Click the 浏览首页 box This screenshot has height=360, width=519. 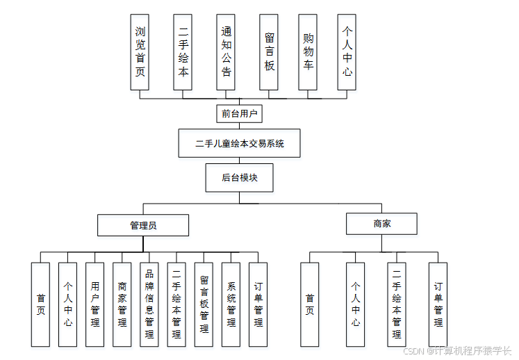pyautogui.click(x=140, y=52)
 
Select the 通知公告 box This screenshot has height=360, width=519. pyautogui.click(x=226, y=52)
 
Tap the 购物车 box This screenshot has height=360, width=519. pyautogui.click(x=308, y=52)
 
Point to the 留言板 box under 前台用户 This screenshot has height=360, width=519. pyautogui.click(x=269, y=52)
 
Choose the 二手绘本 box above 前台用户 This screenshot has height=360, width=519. pyautogui.click(x=183, y=52)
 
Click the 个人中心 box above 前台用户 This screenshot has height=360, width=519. pyautogui.click(x=347, y=52)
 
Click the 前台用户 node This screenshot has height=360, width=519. pyautogui.click(x=240, y=113)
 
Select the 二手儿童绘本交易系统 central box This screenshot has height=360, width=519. pyautogui.click(x=240, y=145)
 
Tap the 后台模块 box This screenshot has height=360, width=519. pyautogui.click(x=240, y=177)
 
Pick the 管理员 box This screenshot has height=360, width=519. pyautogui.click(x=143, y=225)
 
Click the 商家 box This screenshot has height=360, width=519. pyautogui.click(x=382, y=224)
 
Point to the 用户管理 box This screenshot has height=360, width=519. pyautogui.click(x=95, y=304)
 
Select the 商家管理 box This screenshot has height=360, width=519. pyautogui.click(x=122, y=304)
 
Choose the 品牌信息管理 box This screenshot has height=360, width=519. pyautogui.click(x=149, y=304)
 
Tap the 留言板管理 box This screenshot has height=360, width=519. pyautogui.click(x=204, y=304)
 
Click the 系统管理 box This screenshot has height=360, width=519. pyautogui.click(x=231, y=304)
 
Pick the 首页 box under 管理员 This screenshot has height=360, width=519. pyautogui.click(x=41, y=304)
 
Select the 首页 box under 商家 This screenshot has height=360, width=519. pyautogui.click(x=310, y=304)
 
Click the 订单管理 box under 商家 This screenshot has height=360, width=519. pyautogui.click(x=438, y=304)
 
